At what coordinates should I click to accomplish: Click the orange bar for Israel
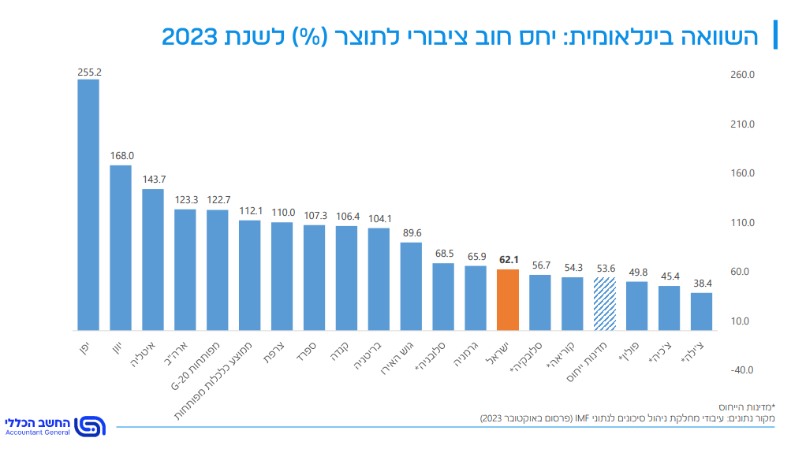tap(508, 300)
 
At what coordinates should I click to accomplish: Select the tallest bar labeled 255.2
tap(88, 205)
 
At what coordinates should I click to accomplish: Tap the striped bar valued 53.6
tap(605, 304)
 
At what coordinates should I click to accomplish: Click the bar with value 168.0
tap(121, 247)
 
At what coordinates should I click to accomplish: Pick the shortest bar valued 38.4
tap(701, 311)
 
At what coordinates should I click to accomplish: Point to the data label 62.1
tap(508, 259)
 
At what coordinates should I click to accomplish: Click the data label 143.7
tap(153, 179)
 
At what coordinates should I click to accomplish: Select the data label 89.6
tap(411, 232)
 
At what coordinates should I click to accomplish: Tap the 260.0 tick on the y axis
tap(743, 75)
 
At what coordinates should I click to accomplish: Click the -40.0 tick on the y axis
tap(743, 370)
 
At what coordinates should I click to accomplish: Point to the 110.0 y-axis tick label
tap(743, 223)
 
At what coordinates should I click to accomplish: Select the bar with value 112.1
tap(250, 275)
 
